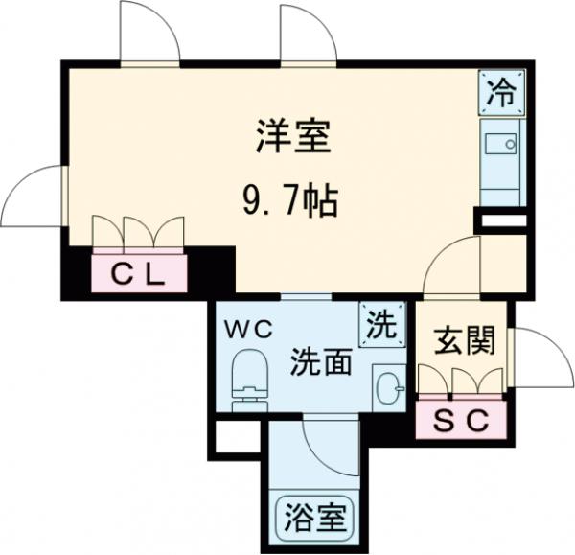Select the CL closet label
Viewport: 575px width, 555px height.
pos(139,275)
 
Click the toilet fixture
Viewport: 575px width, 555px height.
pos(251,377)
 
